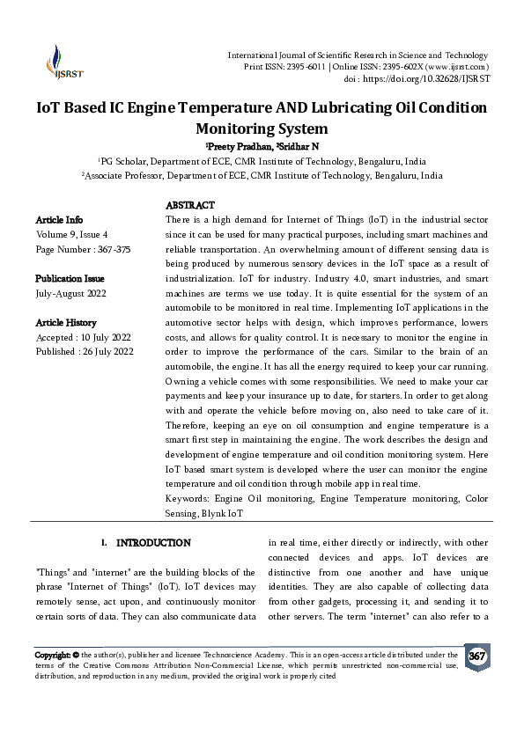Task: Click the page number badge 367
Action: (x=476, y=657)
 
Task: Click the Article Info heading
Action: (x=59, y=219)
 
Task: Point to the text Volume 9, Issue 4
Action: (x=71, y=234)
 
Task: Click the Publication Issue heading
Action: (x=70, y=278)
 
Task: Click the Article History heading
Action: (x=66, y=323)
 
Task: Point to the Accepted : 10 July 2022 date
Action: (x=84, y=338)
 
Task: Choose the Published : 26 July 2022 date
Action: (x=85, y=352)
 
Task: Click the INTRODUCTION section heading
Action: (x=152, y=543)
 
